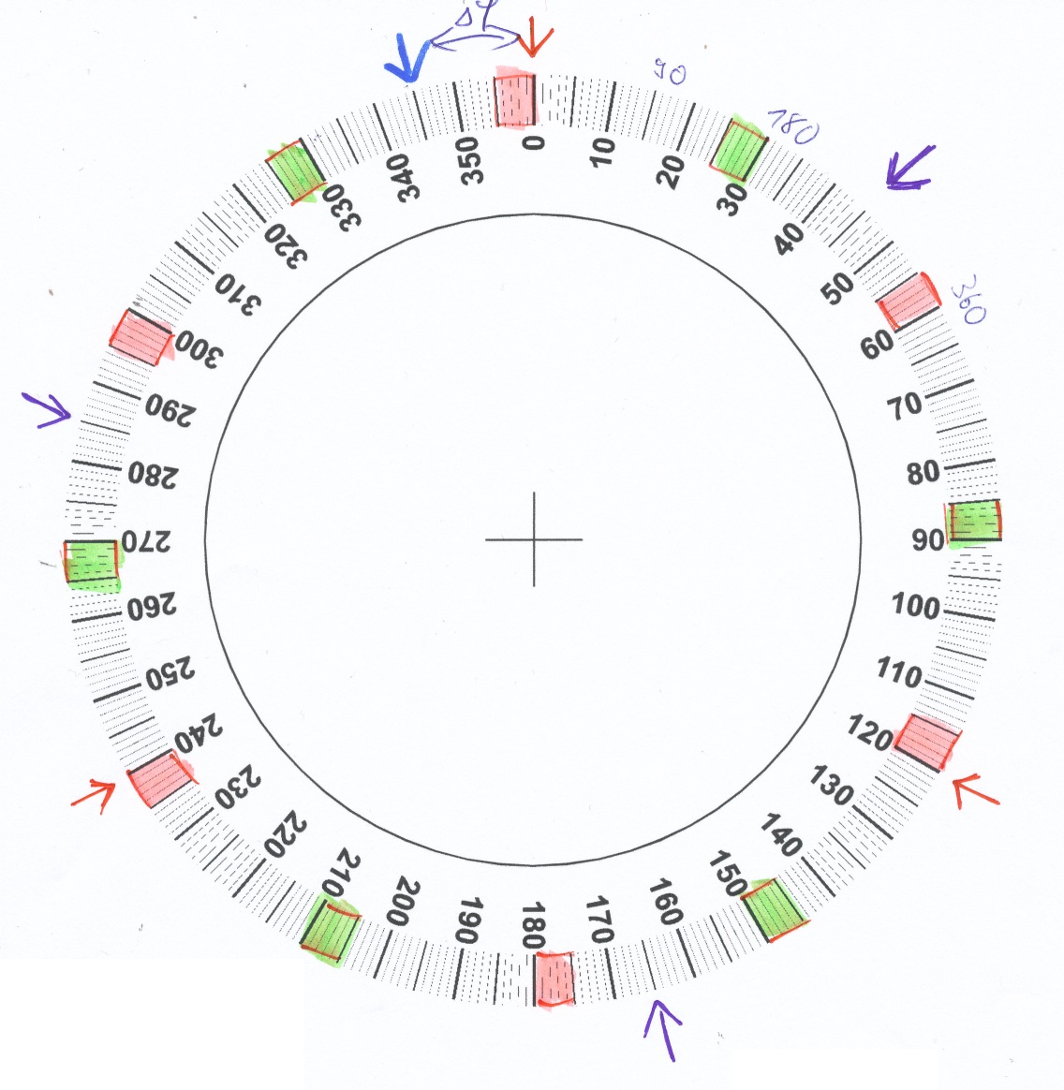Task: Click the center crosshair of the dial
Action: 534,539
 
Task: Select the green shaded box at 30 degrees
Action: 739,149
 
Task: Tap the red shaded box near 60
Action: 909,301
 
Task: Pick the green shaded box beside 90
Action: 975,521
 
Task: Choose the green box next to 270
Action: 93,564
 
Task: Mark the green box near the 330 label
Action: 295,171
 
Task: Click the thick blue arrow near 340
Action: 407,62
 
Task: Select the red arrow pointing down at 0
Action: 537,38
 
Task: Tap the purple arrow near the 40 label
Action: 910,168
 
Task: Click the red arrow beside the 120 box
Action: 977,790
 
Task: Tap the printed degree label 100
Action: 915,606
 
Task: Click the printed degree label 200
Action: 407,902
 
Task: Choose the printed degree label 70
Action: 905,405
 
